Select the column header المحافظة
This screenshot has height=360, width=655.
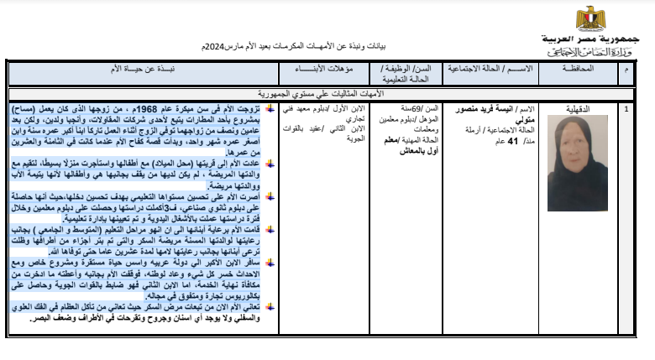coord(580,66)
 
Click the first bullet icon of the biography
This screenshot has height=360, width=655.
coord(270,109)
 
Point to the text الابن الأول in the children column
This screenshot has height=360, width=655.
coord(352,109)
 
